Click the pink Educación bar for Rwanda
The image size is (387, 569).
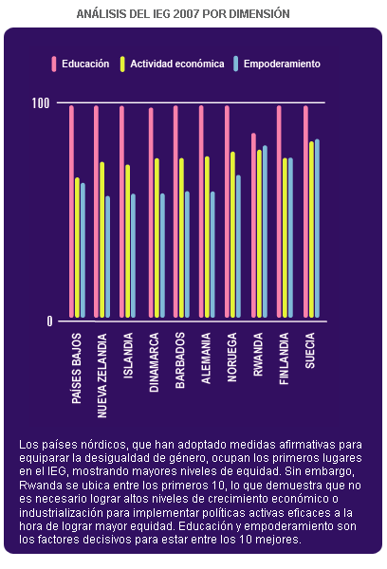pos(253,226)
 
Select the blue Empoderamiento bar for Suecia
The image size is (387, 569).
pos(317,229)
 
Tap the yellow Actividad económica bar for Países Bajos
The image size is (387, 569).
pos(77,248)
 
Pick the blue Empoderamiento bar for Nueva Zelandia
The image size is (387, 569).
pos(107,257)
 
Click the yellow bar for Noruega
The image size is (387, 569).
pos(232,235)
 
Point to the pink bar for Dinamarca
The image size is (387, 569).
pos(151,212)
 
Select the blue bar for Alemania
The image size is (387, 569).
pos(212,255)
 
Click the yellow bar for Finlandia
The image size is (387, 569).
pos(285,238)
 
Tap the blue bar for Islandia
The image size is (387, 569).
pos(133,256)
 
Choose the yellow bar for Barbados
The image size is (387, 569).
pos(181,238)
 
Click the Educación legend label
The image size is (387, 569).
pos(85,64)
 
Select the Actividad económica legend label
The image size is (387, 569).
pos(177,64)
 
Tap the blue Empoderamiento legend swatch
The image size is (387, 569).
pos(236,64)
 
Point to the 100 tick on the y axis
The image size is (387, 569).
pos(41,103)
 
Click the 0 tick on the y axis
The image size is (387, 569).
pos(49,321)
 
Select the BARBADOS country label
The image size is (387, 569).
pos(180,360)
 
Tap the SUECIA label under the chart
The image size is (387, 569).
pos(309,351)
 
